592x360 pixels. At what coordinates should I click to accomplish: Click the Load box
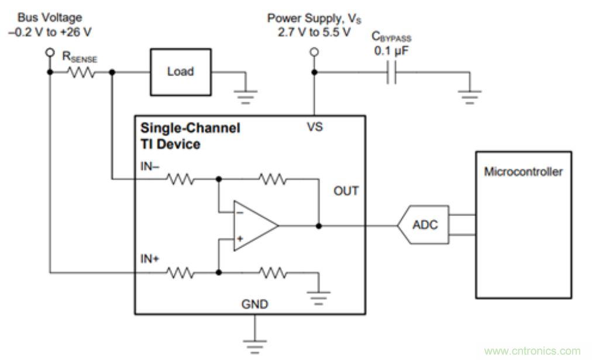181,73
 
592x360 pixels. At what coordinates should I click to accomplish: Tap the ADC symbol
424,225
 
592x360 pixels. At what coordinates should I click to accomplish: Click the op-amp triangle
254,225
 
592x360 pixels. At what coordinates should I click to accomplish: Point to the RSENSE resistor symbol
81,73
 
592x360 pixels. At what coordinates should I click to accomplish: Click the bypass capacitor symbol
391,73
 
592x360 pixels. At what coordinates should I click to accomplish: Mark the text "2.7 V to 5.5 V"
315,31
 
